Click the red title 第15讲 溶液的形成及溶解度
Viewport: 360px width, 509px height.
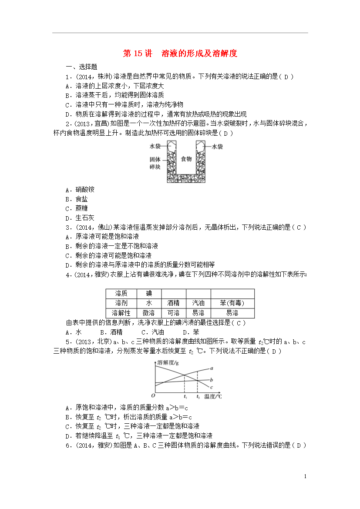tap(180, 54)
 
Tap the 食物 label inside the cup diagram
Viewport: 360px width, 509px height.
tap(186, 159)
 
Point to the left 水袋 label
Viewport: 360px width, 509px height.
tap(155, 147)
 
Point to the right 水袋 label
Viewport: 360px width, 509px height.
tap(217, 147)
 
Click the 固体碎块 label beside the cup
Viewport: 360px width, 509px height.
tap(155, 163)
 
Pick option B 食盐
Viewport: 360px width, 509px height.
tap(81, 199)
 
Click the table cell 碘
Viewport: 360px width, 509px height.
tap(149, 293)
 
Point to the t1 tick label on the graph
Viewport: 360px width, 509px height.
tap(185, 396)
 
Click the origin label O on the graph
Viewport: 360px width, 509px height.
tap(153, 395)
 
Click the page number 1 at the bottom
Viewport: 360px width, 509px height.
tap(305, 476)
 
